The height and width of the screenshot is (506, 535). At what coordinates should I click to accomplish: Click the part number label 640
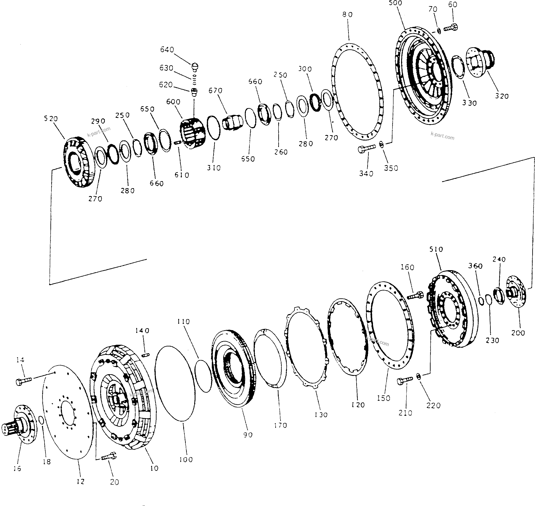point(167,50)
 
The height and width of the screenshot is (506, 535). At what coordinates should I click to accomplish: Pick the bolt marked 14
point(24,381)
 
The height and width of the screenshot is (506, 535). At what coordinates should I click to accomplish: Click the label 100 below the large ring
point(186,459)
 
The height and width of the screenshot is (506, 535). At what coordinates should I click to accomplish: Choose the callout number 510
point(436,249)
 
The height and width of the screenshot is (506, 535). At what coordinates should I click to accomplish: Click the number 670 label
point(215,91)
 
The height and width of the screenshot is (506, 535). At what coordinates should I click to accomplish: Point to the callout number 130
point(321,414)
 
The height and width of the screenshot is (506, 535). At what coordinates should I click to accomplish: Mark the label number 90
point(248,435)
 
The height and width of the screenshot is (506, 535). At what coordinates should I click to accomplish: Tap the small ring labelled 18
point(41,420)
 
